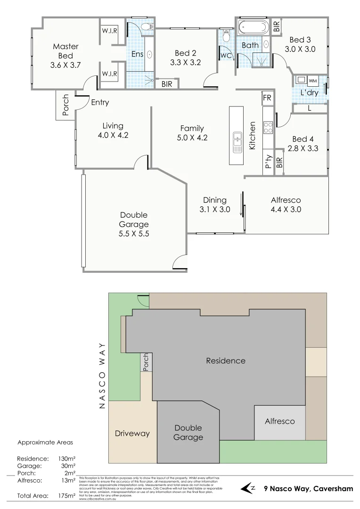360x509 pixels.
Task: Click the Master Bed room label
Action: tap(66, 56)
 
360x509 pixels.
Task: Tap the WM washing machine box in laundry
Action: tap(312, 81)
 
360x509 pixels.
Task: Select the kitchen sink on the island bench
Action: tap(237, 140)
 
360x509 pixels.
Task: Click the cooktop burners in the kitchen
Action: tap(268, 128)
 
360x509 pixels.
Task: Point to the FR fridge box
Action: tap(267, 98)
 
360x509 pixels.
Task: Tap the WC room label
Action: tap(225, 55)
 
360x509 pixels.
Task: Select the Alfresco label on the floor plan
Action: tap(286, 200)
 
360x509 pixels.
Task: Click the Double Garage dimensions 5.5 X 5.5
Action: tap(134, 233)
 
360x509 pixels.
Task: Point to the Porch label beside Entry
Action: tap(65, 105)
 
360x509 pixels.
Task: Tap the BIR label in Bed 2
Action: tap(166, 84)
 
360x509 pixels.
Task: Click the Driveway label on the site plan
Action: tap(132, 433)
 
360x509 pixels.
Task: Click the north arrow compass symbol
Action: tap(248, 488)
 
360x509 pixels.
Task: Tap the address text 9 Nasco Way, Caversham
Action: tap(308, 489)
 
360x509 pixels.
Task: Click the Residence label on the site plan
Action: tap(226, 361)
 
